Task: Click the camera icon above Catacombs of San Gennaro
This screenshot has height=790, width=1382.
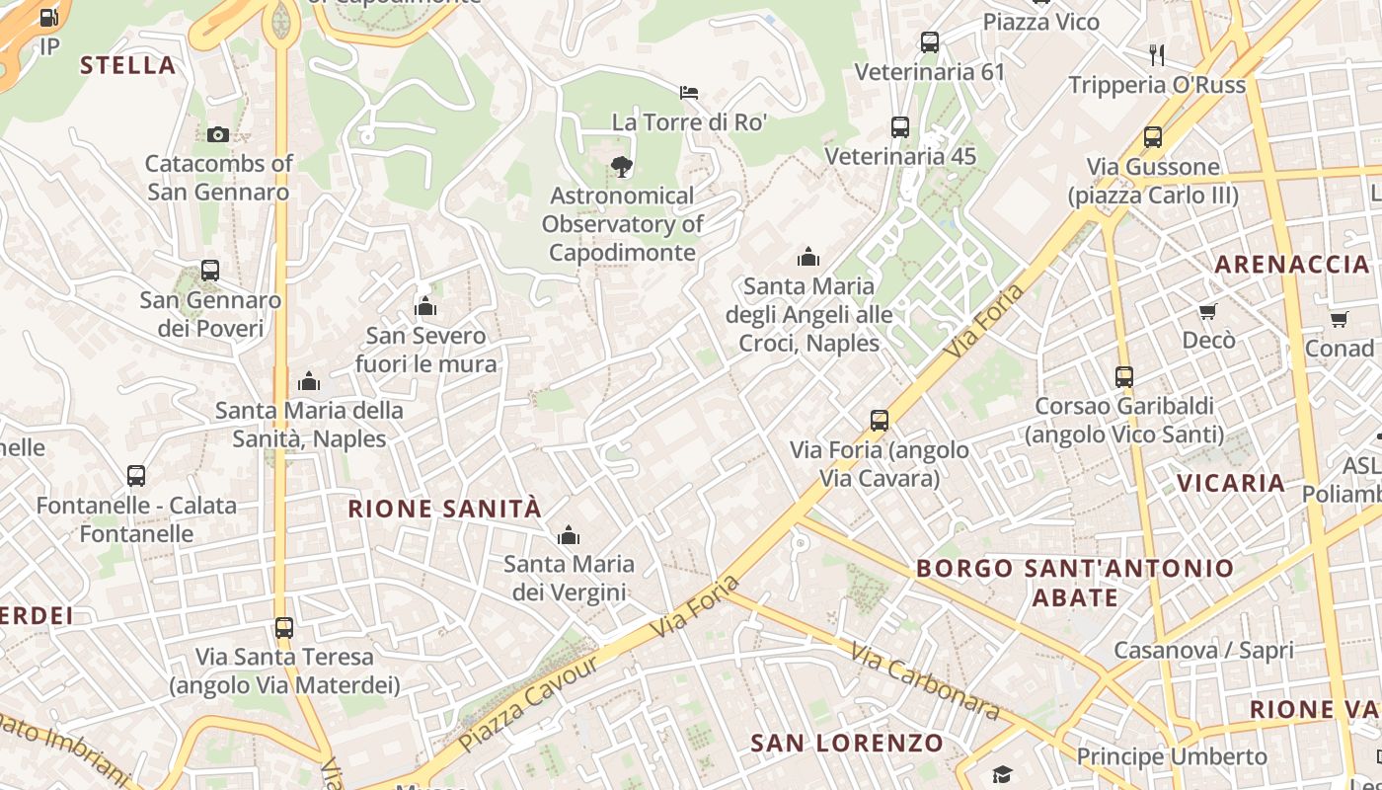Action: coord(218,134)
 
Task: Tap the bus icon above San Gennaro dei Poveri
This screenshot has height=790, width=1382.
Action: coord(209,270)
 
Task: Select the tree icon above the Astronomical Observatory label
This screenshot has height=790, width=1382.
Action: coord(622,166)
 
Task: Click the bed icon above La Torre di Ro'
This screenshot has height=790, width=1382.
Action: coord(689,93)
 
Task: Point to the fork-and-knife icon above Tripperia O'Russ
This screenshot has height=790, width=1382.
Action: coord(1157,54)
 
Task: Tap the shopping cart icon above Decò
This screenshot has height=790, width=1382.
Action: coord(1207,312)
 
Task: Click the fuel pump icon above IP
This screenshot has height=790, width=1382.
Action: coord(49,18)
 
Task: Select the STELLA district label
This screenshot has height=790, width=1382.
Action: coord(127,66)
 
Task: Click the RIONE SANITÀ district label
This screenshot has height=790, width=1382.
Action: coord(444,509)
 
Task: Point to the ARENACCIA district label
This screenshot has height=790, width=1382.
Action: coord(1291,265)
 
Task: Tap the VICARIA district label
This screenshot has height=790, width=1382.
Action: coord(1231,483)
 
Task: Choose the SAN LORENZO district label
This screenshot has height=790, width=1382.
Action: coord(847,743)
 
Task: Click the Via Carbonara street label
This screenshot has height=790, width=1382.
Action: coord(924,681)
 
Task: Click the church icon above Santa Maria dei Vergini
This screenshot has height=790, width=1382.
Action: coord(569,536)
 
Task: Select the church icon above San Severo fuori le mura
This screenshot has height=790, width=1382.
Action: coord(425,306)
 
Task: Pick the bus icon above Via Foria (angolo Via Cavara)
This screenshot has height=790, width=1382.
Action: coord(880,421)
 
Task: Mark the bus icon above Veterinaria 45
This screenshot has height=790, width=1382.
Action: coord(899,126)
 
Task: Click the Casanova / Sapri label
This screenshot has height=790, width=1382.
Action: coord(1203,650)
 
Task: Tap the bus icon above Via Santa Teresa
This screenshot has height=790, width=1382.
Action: coord(284,627)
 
